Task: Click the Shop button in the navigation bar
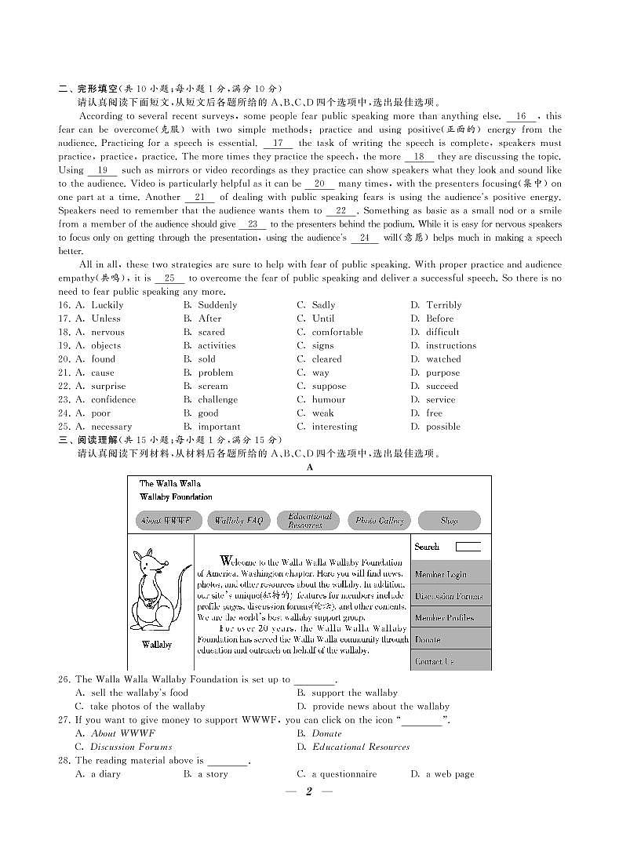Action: (x=449, y=520)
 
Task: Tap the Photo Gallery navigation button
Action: (x=379, y=520)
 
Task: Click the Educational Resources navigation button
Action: (x=309, y=520)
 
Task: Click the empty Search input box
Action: (x=468, y=547)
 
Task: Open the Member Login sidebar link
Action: (x=440, y=574)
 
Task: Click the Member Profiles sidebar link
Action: (x=444, y=617)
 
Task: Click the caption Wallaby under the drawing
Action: (x=157, y=645)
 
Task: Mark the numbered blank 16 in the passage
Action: (x=521, y=116)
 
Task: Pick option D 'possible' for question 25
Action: (x=442, y=427)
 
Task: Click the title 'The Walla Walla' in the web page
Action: (x=170, y=484)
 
